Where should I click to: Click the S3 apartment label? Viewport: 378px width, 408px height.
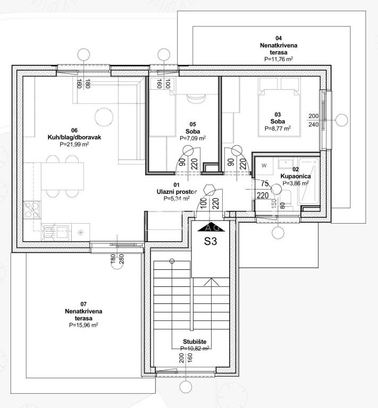point(211,241)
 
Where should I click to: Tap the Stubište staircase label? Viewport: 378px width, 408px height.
point(195,342)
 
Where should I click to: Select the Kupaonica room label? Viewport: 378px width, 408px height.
point(296,176)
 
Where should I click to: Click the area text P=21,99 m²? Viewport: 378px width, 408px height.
point(74,144)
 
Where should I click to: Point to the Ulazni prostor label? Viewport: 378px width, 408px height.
point(177,192)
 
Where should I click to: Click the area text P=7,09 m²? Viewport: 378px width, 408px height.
point(192,138)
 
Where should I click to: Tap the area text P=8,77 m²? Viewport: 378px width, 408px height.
point(278,128)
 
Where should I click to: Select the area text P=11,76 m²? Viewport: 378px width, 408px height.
point(279,59)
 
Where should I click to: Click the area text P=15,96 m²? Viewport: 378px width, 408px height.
point(83,325)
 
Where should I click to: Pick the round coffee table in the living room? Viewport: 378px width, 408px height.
point(104,117)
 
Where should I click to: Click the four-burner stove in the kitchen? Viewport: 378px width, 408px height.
point(32,210)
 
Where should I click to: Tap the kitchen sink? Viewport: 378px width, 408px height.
point(56,232)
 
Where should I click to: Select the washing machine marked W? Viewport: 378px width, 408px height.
point(264,166)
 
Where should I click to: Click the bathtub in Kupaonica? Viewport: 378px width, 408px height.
point(308,181)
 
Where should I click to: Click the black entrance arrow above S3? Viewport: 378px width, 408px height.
point(211,227)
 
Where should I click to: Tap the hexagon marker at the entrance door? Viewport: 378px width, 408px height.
point(209,190)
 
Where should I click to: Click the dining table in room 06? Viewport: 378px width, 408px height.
point(63,176)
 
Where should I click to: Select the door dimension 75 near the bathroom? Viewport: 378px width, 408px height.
point(265,183)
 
